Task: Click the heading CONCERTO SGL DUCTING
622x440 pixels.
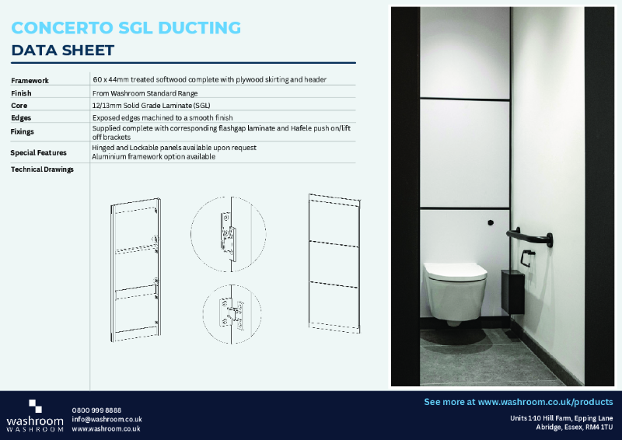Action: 126,28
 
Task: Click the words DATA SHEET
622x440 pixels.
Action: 63,51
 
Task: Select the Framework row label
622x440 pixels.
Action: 30,81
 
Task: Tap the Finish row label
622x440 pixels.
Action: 22,93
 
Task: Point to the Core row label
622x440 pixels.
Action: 19,106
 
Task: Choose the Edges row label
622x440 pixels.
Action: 22,118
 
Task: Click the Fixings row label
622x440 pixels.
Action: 23,131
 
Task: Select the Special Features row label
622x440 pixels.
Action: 39,152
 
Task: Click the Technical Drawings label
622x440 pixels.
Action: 42,169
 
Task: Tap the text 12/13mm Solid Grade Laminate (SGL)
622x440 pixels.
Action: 151,105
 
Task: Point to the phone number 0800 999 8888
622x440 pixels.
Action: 96,410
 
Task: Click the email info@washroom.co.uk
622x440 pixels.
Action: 107,419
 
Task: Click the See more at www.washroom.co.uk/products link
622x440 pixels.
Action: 518,402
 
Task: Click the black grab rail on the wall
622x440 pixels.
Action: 529,236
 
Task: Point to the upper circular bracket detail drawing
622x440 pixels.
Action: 228,233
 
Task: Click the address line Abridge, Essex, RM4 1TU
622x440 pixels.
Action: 568,428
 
